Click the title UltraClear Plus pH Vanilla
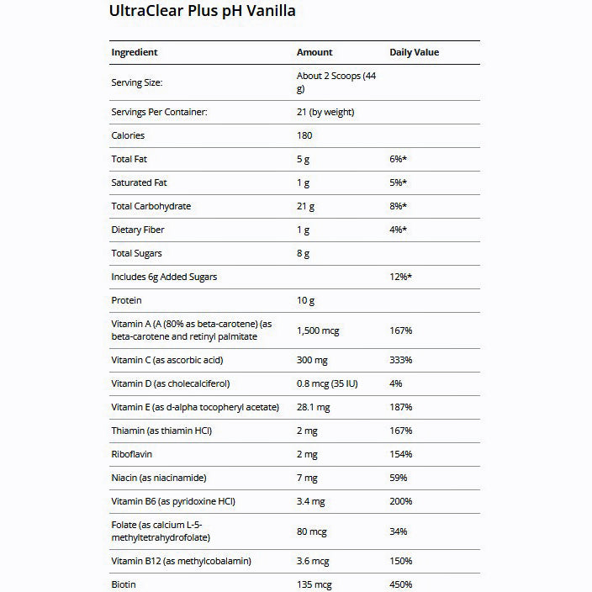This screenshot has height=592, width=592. tap(203, 12)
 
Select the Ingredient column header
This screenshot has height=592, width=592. tap(135, 52)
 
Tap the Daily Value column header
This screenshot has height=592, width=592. tap(414, 52)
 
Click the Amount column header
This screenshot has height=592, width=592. tap(314, 52)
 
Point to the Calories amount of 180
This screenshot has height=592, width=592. tap(304, 135)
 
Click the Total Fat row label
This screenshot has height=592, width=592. tap(129, 159)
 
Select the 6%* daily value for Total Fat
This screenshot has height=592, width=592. tap(399, 159)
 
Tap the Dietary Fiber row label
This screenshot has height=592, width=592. tap(138, 230)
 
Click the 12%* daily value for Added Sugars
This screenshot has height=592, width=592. tap(401, 277)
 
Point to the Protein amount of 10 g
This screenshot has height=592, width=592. tap(307, 300)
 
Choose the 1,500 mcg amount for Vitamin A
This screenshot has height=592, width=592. tap(318, 330)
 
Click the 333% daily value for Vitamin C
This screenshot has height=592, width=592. tap(400, 360)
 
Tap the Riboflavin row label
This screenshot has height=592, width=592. tap(132, 454)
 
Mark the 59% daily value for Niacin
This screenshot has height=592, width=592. tap(399, 478)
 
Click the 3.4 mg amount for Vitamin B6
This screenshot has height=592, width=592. tap(310, 501)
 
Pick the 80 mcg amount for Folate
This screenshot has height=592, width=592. tap(310, 531)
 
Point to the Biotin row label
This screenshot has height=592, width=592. tap(124, 584)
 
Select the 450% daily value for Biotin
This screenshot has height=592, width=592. tap(400, 584)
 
